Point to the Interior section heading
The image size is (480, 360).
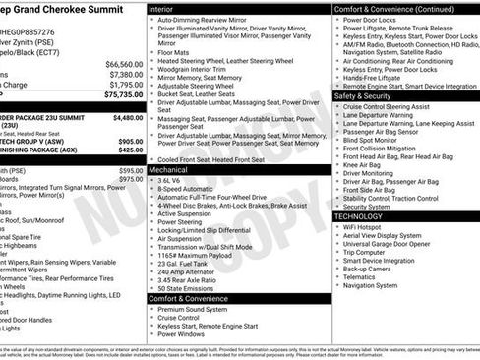pos(162,8)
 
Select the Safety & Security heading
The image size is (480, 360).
pos(361,96)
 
